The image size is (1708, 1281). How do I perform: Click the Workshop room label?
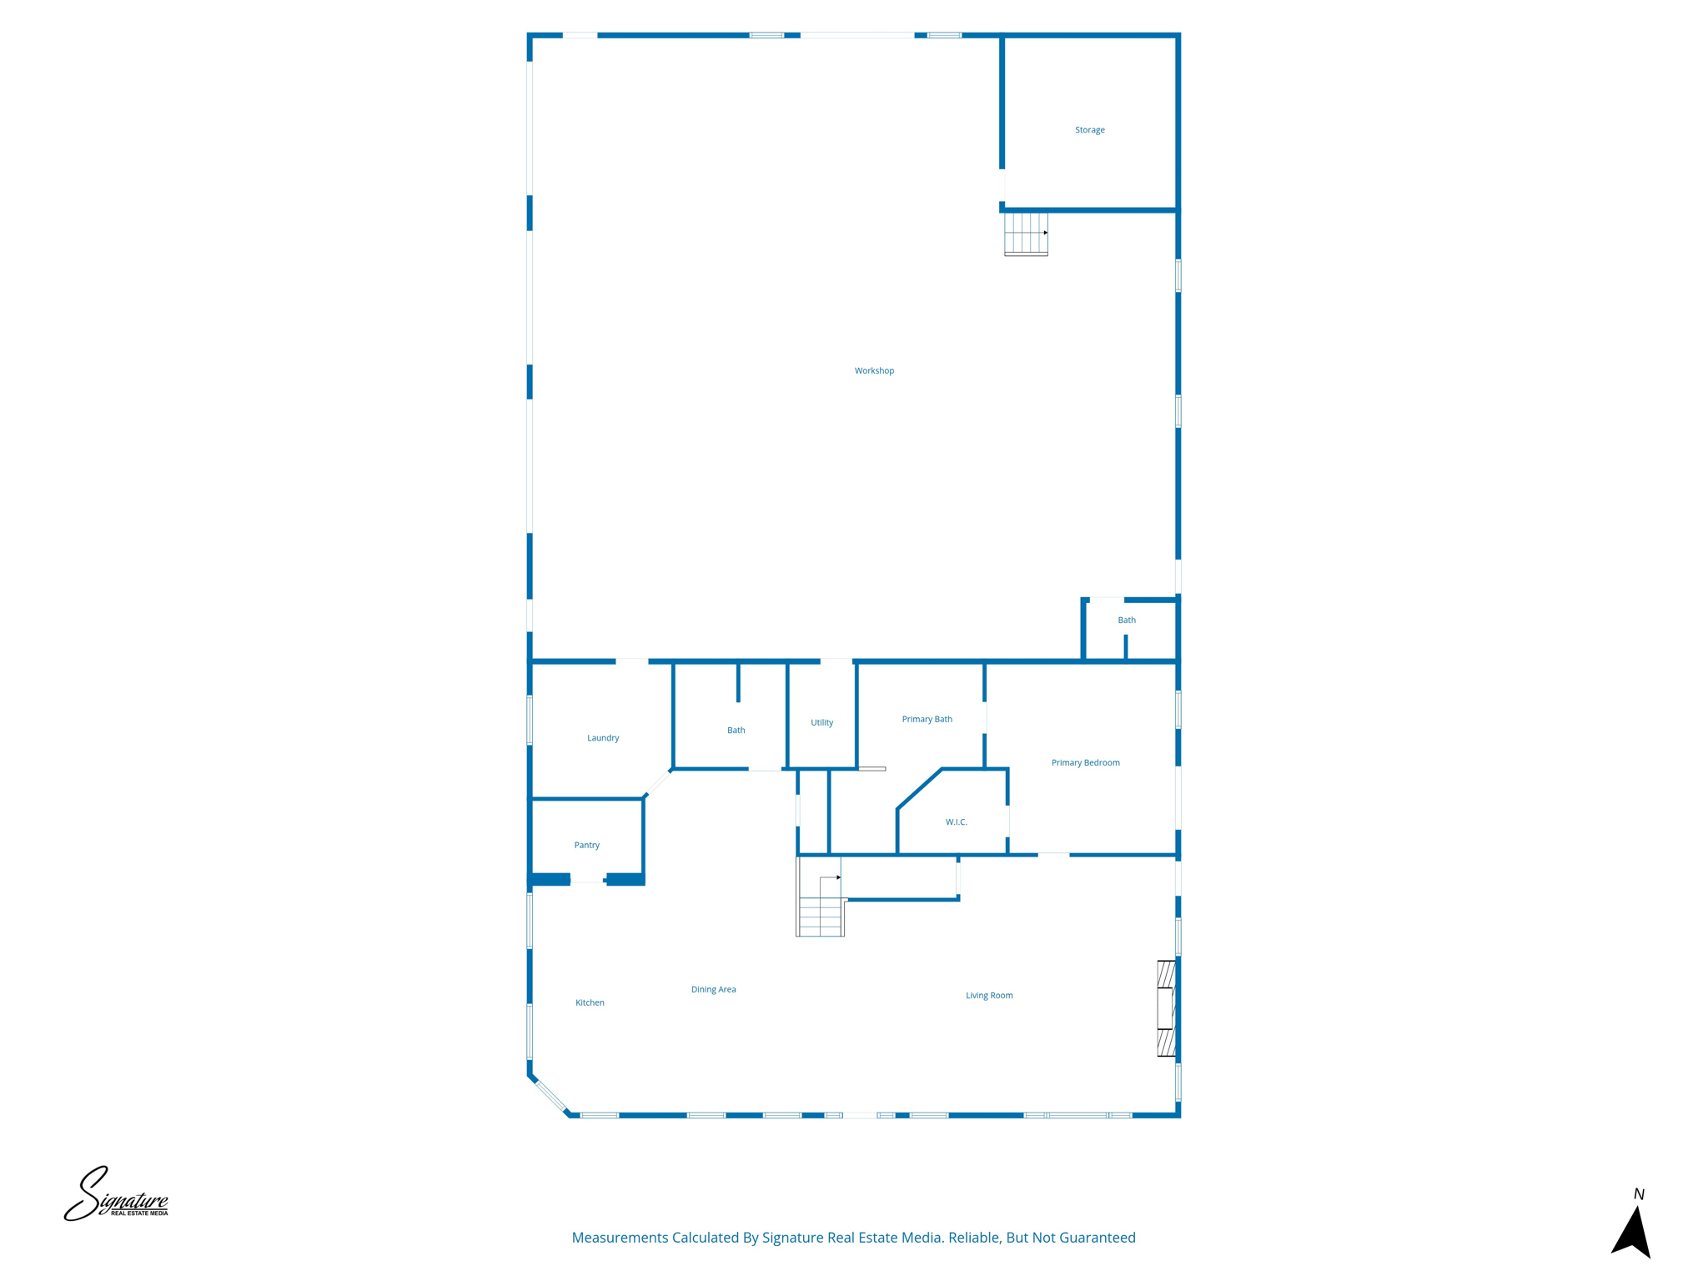874,371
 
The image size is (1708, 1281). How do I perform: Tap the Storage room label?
1089,130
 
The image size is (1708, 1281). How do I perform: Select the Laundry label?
603,738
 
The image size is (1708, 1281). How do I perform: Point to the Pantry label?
587,846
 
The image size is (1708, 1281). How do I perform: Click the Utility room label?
821,723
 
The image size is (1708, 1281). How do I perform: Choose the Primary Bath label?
927,720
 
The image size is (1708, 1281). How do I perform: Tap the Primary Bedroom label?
1085,763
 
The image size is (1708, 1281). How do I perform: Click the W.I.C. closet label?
957,822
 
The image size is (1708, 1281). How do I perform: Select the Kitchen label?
590,1003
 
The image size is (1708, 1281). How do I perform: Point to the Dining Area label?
713,990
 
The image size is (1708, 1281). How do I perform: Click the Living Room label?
989,996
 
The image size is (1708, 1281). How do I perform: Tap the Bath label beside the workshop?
1127,620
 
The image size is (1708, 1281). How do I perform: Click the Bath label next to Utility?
736,731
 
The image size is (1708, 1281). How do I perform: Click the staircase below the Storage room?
1026,234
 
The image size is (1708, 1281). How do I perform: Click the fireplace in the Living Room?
1167,1008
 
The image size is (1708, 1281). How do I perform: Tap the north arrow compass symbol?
1632,1230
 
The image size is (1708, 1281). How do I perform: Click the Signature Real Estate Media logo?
117,1195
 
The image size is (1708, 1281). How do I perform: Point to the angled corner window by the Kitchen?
550,1095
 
